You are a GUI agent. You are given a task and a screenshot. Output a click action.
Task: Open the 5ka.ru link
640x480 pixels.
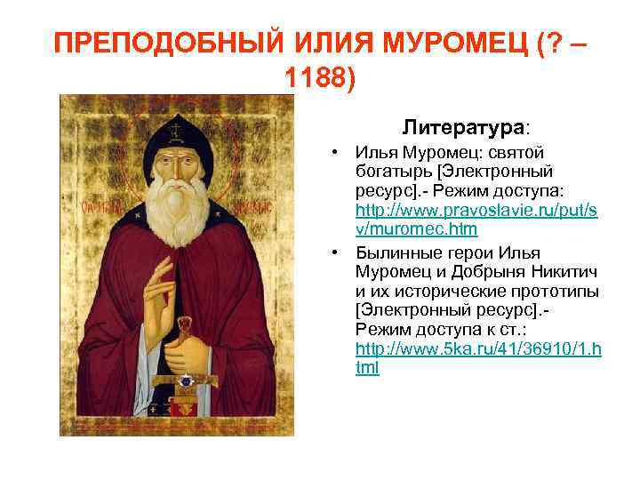point(477,358)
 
